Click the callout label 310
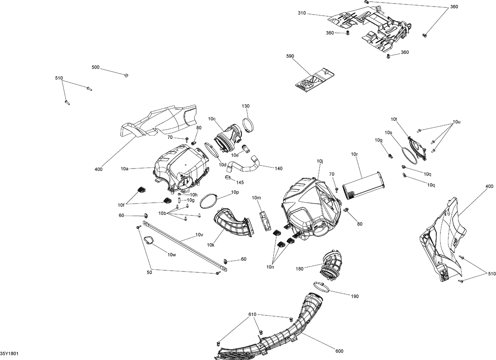(x=302, y=13)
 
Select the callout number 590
(x=290, y=56)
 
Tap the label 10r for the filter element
(x=354, y=154)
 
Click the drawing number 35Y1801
(x=9, y=354)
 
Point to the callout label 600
(x=339, y=351)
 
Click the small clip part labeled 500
(x=126, y=75)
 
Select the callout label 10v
(x=199, y=235)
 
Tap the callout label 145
(x=240, y=182)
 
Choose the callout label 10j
(x=319, y=161)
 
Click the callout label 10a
(x=124, y=168)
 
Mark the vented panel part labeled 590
(x=314, y=79)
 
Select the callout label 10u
(x=456, y=122)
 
